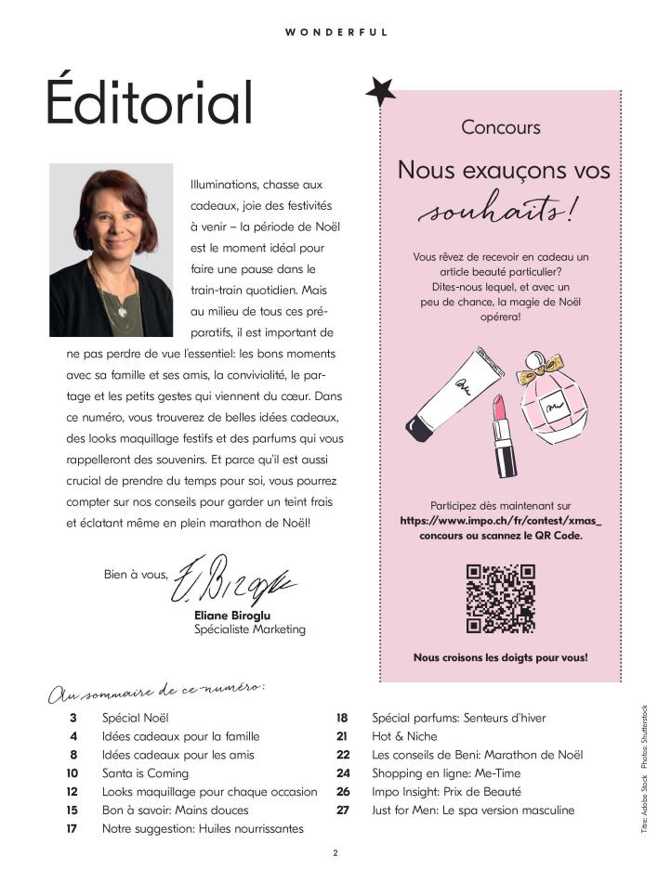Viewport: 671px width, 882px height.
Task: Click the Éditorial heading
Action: coord(150,102)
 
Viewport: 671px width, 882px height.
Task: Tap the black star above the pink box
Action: coord(380,92)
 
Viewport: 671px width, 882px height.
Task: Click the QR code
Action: coord(500,598)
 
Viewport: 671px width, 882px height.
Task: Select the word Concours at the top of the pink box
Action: coord(501,127)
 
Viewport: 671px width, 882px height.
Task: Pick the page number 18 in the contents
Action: coord(341,718)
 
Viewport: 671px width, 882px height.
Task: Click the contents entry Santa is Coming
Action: coord(145,773)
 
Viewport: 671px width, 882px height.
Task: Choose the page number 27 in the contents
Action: coord(342,811)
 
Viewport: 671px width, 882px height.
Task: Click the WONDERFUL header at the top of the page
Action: coord(335,32)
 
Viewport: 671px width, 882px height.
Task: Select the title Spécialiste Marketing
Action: coord(250,629)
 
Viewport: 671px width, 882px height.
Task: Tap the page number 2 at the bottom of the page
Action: coord(335,852)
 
